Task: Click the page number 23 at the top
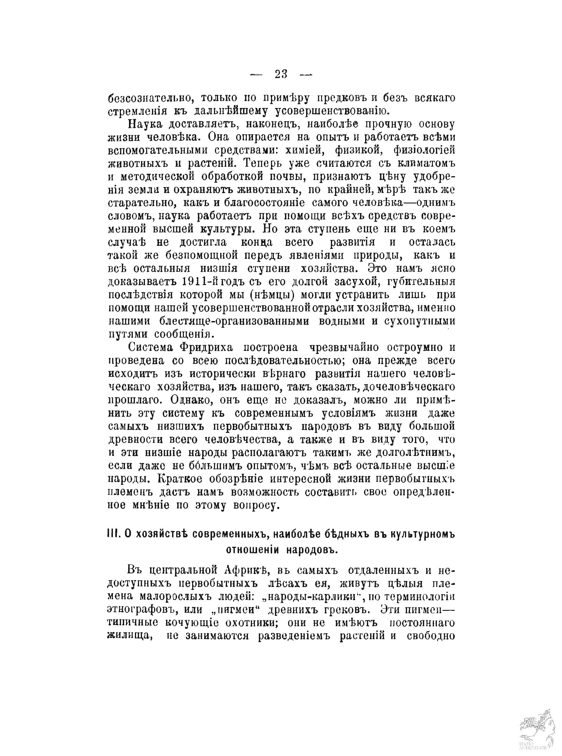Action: point(281,74)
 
